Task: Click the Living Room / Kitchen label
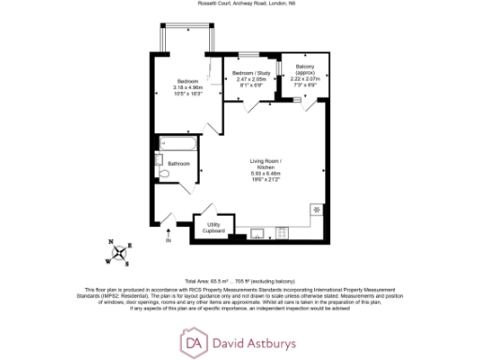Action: [265, 163]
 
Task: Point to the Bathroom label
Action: [179, 164]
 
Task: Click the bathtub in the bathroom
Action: [177, 144]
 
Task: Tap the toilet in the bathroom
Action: [163, 174]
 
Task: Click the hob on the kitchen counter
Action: [316, 209]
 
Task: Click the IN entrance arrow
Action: [169, 237]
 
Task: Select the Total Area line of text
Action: [240, 280]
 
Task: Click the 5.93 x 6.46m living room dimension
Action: [265, 173]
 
